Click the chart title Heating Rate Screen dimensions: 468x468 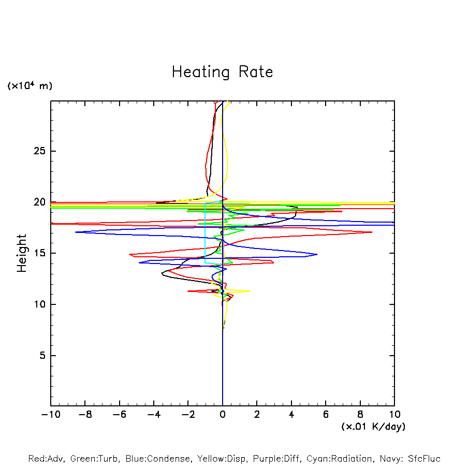[222, 72]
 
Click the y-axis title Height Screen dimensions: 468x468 [22, 253]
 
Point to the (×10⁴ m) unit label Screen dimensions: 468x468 [30, 86]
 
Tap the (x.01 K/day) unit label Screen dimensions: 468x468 [373, 427]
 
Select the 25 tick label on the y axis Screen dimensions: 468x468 [38, 151]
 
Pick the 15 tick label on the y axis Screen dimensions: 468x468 [38, 253]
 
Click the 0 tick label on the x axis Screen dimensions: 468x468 [223, 415]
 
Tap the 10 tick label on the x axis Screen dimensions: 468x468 [394, 415]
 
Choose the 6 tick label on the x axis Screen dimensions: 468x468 [326, 415]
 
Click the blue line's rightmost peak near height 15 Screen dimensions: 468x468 [317, 254]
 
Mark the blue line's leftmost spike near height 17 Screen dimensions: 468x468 [76, 232]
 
